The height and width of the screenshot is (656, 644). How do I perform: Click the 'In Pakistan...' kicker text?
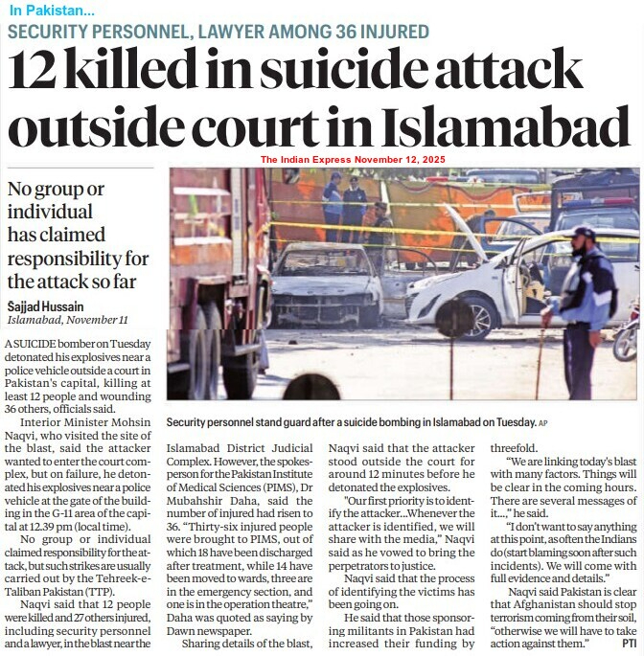(x=53, y=11)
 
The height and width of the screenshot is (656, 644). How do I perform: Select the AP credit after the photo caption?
(x=543, y=422)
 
